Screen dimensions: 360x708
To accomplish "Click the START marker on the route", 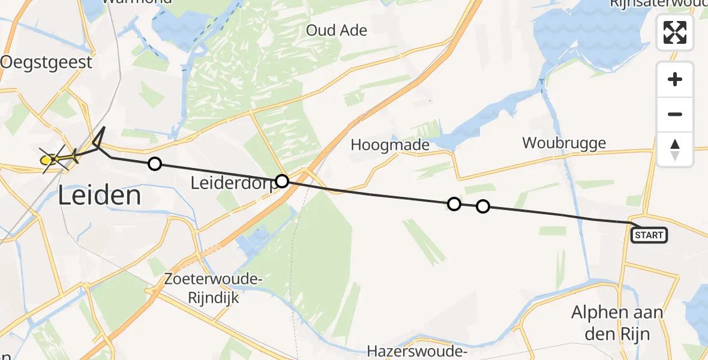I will point(649,235).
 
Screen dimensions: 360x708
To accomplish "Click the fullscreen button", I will point(675,32).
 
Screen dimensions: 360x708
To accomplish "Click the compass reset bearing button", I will point(675,149).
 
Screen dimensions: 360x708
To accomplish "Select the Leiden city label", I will point(100,196).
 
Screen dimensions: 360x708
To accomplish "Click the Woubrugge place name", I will point(564,143).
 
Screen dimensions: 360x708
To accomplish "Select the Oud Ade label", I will point(337,30).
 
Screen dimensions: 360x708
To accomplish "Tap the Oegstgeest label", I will point(47,62).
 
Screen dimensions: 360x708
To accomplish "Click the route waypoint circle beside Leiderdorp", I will point(282,181).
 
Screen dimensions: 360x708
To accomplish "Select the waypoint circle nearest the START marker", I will point(483,207).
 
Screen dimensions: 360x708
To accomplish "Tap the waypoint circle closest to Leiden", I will point(155,164).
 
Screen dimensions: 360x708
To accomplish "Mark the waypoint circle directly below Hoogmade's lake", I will point(454,204).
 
